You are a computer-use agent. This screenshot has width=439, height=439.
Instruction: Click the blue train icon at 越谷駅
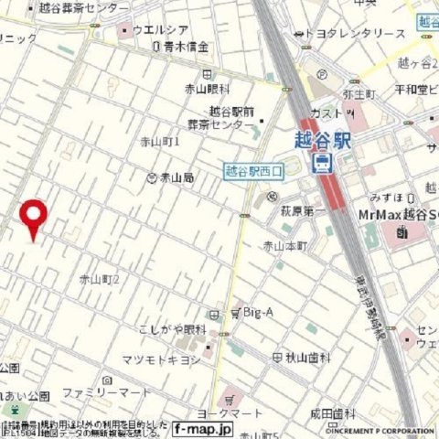(x=323, y=163)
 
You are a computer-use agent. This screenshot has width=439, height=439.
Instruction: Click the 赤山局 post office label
(x=176, y=177)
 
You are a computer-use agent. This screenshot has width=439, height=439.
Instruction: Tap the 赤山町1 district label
(x=160, y=142)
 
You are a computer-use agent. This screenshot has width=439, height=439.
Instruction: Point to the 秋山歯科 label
(x=298, y=358)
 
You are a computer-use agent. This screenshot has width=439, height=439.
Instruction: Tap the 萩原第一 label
(x=303, y=212)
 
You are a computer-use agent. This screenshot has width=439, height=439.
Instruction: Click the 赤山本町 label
(x=284, y=246)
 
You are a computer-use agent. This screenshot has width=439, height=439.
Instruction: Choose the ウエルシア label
(x=163, y=30)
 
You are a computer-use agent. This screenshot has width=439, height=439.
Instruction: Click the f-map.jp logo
(x=203, y=428)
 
